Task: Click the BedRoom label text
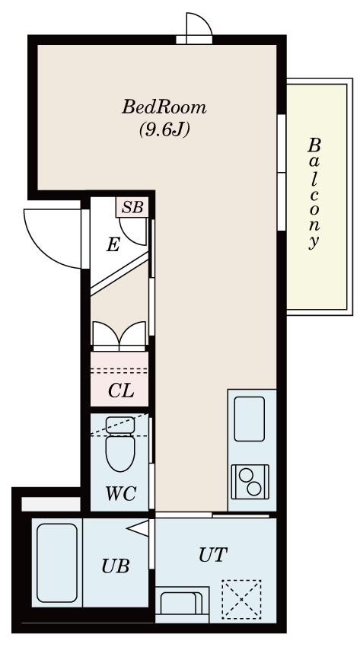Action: [164, 107]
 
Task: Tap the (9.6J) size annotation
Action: [164, 130]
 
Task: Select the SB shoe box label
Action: [132, 208]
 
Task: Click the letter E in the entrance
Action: [113, 246]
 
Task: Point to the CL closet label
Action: [121, 390]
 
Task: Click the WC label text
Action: [121, 493]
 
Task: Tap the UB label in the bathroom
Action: [116, 566]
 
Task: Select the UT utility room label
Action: [213, 555]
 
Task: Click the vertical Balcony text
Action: [314, 194]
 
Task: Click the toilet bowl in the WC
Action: [120, 453]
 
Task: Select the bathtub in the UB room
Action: [57, 563]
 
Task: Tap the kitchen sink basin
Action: [249, 419]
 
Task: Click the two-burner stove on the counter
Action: [250, 482]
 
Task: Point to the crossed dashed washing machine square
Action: [241, 599]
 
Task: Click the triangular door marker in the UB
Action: [138, 528]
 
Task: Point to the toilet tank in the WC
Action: [120, 425]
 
